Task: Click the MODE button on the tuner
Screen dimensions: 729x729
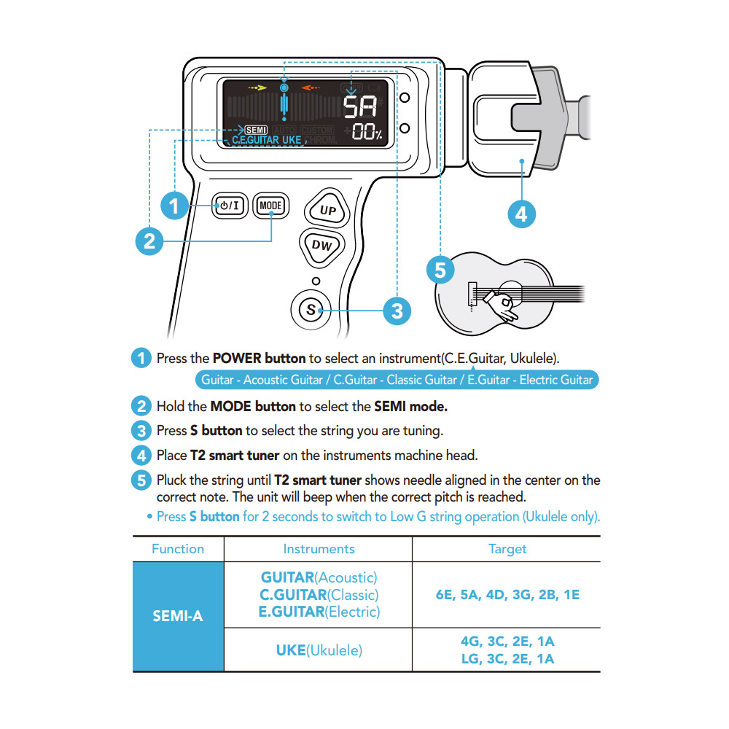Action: [270, 206]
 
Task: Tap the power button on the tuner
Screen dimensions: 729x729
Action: [230, 206]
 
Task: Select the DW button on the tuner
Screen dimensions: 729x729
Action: [321, 246]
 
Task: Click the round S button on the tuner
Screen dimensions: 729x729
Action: [311, 309]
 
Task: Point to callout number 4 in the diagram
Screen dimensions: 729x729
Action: [522, 214]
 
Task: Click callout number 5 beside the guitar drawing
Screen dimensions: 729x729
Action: [440, 270]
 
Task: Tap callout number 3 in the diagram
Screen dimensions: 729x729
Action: [397, 311]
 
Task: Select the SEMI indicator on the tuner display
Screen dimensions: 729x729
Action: [256, 130]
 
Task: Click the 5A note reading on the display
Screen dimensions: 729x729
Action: [360, 107]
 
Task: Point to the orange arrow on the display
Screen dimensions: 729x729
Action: [311, 87]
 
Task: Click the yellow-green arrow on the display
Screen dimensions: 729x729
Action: [257, 87]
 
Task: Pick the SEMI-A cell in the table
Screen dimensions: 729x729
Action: [178, 616]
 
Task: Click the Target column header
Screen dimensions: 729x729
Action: [507, 549]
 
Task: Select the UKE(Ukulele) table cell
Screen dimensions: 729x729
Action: [319, 650]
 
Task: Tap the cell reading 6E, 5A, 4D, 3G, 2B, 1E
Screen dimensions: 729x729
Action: [507, 595]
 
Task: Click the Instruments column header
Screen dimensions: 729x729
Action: [319, 549]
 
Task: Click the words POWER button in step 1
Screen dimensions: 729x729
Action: [259, 358]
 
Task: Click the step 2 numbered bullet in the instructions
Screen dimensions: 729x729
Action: [141, 406]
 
